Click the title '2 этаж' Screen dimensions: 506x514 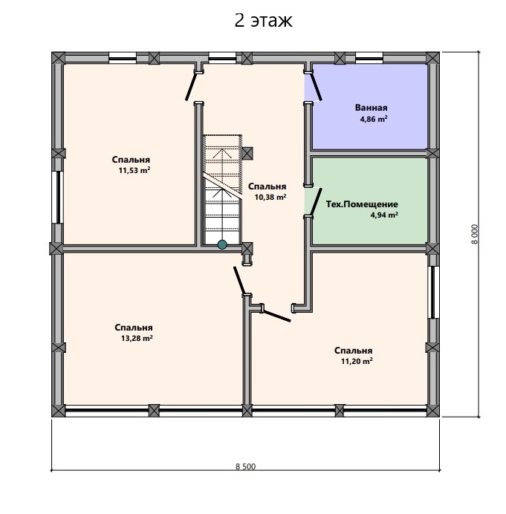click(x=263, y=21)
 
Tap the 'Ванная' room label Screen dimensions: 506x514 click(x=371, y=108)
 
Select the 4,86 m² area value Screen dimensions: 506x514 click(x=374, y=119)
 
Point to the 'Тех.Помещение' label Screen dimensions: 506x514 click(x=362, y=204)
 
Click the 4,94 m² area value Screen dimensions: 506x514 click(x=384, y=215)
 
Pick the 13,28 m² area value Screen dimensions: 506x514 click(x=137, y=338)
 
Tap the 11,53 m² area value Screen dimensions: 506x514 click(x=134, y=170)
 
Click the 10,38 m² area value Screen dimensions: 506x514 click(x=270, y=197)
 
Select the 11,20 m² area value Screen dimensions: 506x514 click(x=357, y=361)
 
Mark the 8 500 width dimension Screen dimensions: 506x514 click(x=245, y=466)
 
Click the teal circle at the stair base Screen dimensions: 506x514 click(x=222, y=244)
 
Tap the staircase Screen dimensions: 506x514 click(x=223, y=189)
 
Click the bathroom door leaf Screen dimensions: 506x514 click(x=316, y=87)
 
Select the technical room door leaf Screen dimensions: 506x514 click(x=316, y=202)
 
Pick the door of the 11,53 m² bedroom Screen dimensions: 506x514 click(x=192, y=87)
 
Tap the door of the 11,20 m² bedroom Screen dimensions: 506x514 click(x=277, y=316)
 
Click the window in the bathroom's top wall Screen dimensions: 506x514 click(x=369, y=58)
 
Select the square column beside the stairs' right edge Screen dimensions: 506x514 click(x=247, y=153)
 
